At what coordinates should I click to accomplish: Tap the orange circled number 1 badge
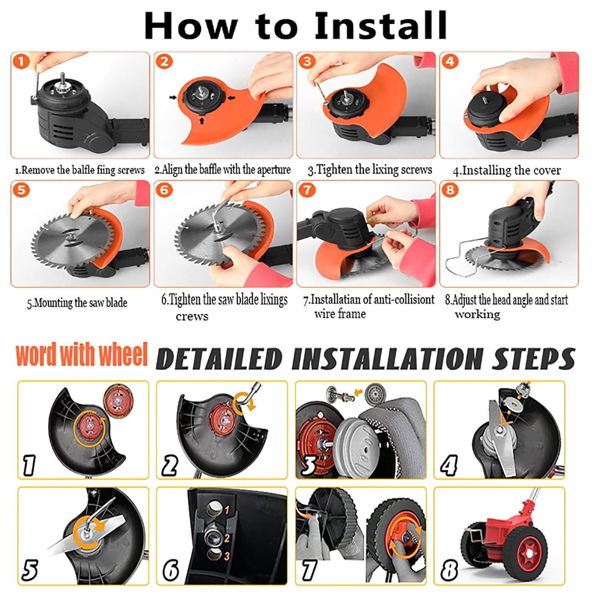click(x=21, y=61)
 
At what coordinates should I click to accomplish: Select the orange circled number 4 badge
click(x=450, y=61)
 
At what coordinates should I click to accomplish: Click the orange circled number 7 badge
click(x=307, y=190)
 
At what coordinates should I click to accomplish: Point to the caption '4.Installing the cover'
click(x=507, y=170)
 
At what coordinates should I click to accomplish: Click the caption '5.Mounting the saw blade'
click(x=77, y=303)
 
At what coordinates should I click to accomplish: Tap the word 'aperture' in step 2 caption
click(x=274, y=170)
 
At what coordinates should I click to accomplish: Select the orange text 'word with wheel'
click(x=82, y=355)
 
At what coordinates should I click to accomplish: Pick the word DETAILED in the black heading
click(x=219, y=359)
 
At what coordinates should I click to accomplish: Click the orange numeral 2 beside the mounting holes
click(x=227, y=538)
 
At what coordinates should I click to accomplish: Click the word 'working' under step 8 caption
click(x=478, y=315)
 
